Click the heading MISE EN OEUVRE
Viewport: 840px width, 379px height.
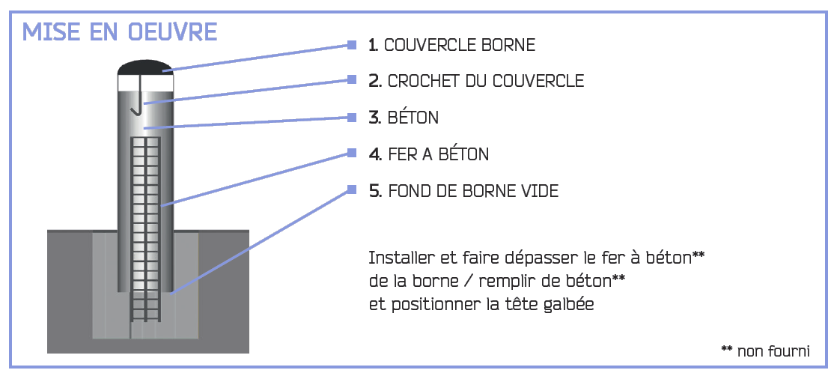[120, 32]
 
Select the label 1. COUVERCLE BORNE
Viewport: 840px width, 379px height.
[451, 45]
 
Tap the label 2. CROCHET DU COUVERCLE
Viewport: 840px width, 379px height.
[476, 81]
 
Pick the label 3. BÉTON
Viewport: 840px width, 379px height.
[404, 117]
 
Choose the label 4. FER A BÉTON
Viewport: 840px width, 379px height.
[428, 154]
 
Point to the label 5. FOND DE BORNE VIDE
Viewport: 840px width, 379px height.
[463, 191]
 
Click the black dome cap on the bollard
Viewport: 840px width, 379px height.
[145, 68]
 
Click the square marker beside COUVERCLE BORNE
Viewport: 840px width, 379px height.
[352, 44]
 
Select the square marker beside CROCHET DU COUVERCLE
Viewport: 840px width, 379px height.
[352, 80]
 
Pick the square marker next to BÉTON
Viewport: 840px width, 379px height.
[352, 117]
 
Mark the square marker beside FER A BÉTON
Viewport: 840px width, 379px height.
[352, 154]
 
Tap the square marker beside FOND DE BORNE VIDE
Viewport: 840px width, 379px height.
[352, 189]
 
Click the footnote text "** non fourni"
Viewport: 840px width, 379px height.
[766, 351]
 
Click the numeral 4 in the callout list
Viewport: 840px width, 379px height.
[374, 154]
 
